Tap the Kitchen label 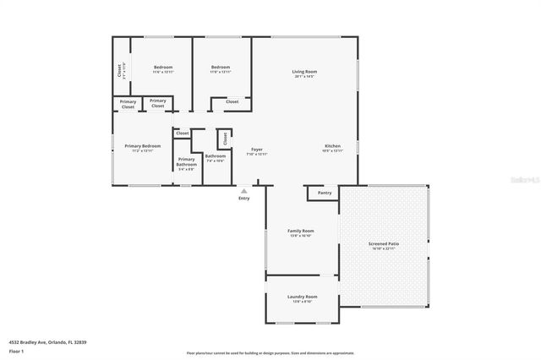pyautogui.click(x=333, y=145)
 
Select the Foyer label pyautogui.click(x=256, y=149)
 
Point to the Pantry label pyautogui.click(x=325, y=193)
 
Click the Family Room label pyautogui.click(x=301, y=231)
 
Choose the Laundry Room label pyautogui.click(x=302, y=297)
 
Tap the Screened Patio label pyautogui.click(x=384, y=243)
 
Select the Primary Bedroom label pyautogui.click(x=142, y=145)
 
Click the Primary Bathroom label pyautogui.click(x=186, y=161)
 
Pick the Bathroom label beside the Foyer pyautogui.click(x=215, y=155)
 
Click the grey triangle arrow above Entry pyautogui.click(x=244, y=191)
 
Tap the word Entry pyautogui.click(x=244, y=199)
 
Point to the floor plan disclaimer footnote pyautogui.click(x=270, y=352)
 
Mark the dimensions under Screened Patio pyautogui.click(x=384, y=248)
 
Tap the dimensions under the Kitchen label pyautogui.click(x=333, y=150)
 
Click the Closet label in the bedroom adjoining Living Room pyautogui.click(x=232, y=101)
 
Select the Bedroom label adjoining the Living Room pyautogui.click(x=220, y=67)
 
